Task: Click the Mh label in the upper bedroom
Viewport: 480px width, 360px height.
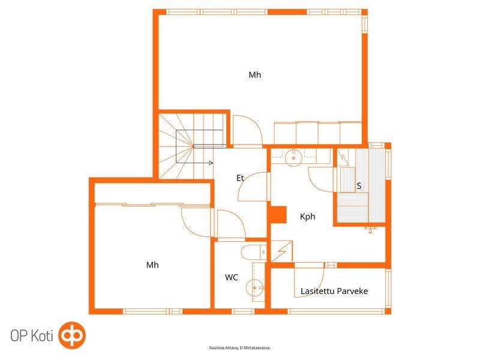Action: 254,75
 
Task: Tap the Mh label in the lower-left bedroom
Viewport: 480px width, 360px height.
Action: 152,265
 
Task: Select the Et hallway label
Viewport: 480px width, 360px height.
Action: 240,178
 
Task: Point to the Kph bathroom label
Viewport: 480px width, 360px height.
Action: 307,217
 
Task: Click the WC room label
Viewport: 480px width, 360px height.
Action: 232,277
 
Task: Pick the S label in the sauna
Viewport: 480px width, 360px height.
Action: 359,186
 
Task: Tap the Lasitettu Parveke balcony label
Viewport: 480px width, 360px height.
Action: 334,291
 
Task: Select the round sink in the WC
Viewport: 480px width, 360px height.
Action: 254,288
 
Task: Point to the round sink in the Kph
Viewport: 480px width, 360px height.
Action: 293,158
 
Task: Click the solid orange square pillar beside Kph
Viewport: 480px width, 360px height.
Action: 278,215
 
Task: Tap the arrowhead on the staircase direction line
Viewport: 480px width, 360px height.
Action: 211,163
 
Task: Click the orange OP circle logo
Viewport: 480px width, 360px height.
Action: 72,335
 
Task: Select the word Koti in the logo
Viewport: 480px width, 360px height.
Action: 42,336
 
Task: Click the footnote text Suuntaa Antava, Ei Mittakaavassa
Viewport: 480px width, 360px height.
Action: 239,348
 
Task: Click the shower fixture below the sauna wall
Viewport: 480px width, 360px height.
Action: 370,230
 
